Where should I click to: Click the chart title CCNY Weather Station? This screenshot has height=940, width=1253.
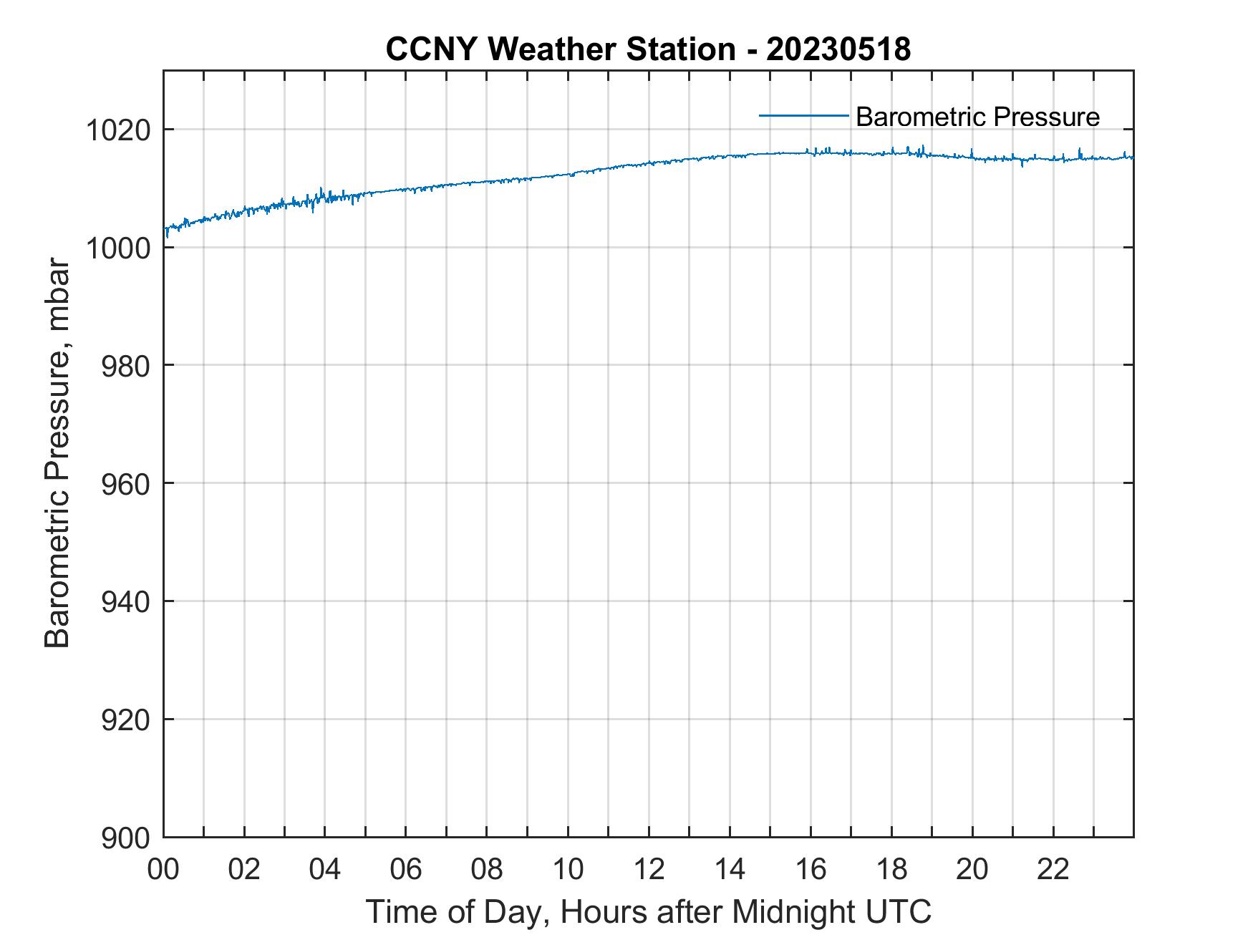560,49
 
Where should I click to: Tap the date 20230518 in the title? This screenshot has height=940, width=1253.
838,49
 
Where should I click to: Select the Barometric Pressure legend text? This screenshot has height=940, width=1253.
977,117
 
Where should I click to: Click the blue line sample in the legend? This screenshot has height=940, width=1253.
803,115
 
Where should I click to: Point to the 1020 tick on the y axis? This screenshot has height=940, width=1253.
118,131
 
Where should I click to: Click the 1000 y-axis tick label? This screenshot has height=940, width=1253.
118,248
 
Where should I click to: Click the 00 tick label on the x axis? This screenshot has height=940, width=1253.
164,869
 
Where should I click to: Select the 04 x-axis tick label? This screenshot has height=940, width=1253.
326,869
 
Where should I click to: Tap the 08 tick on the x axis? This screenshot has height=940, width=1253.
487,869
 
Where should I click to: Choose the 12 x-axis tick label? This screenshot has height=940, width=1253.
649,869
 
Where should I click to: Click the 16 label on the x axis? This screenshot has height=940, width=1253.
811,869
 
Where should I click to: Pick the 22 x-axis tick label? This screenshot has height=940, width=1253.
1053,869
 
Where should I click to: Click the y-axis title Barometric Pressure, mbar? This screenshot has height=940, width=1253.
57,453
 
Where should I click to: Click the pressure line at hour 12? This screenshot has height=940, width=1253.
649,163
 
